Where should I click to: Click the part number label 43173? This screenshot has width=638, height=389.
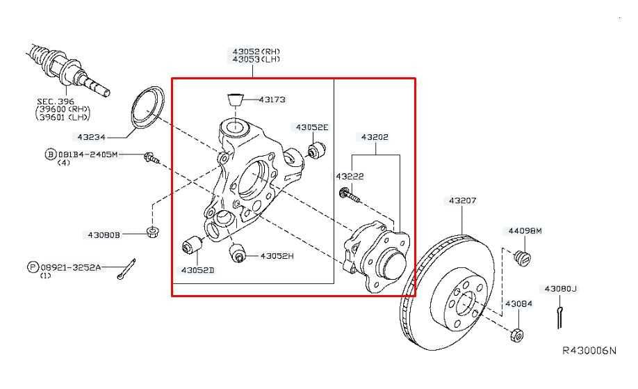click(272, 100)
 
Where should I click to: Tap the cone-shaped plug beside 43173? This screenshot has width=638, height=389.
click(237, 99)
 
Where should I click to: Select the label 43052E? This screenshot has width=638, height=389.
click(311, 127)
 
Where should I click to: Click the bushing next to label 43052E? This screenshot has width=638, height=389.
click(318, 149)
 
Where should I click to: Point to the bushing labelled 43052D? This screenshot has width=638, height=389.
click(191, 246)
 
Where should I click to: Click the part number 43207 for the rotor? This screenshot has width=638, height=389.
click(462, 201)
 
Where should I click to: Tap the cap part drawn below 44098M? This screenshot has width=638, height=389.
click(524, 258)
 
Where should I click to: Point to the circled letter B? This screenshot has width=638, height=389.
click(51, 154)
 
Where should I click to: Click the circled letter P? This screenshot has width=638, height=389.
click(32, 266)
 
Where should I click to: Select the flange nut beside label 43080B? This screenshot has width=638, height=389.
click(152, 232)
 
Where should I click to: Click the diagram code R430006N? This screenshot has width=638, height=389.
click(589, 351)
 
